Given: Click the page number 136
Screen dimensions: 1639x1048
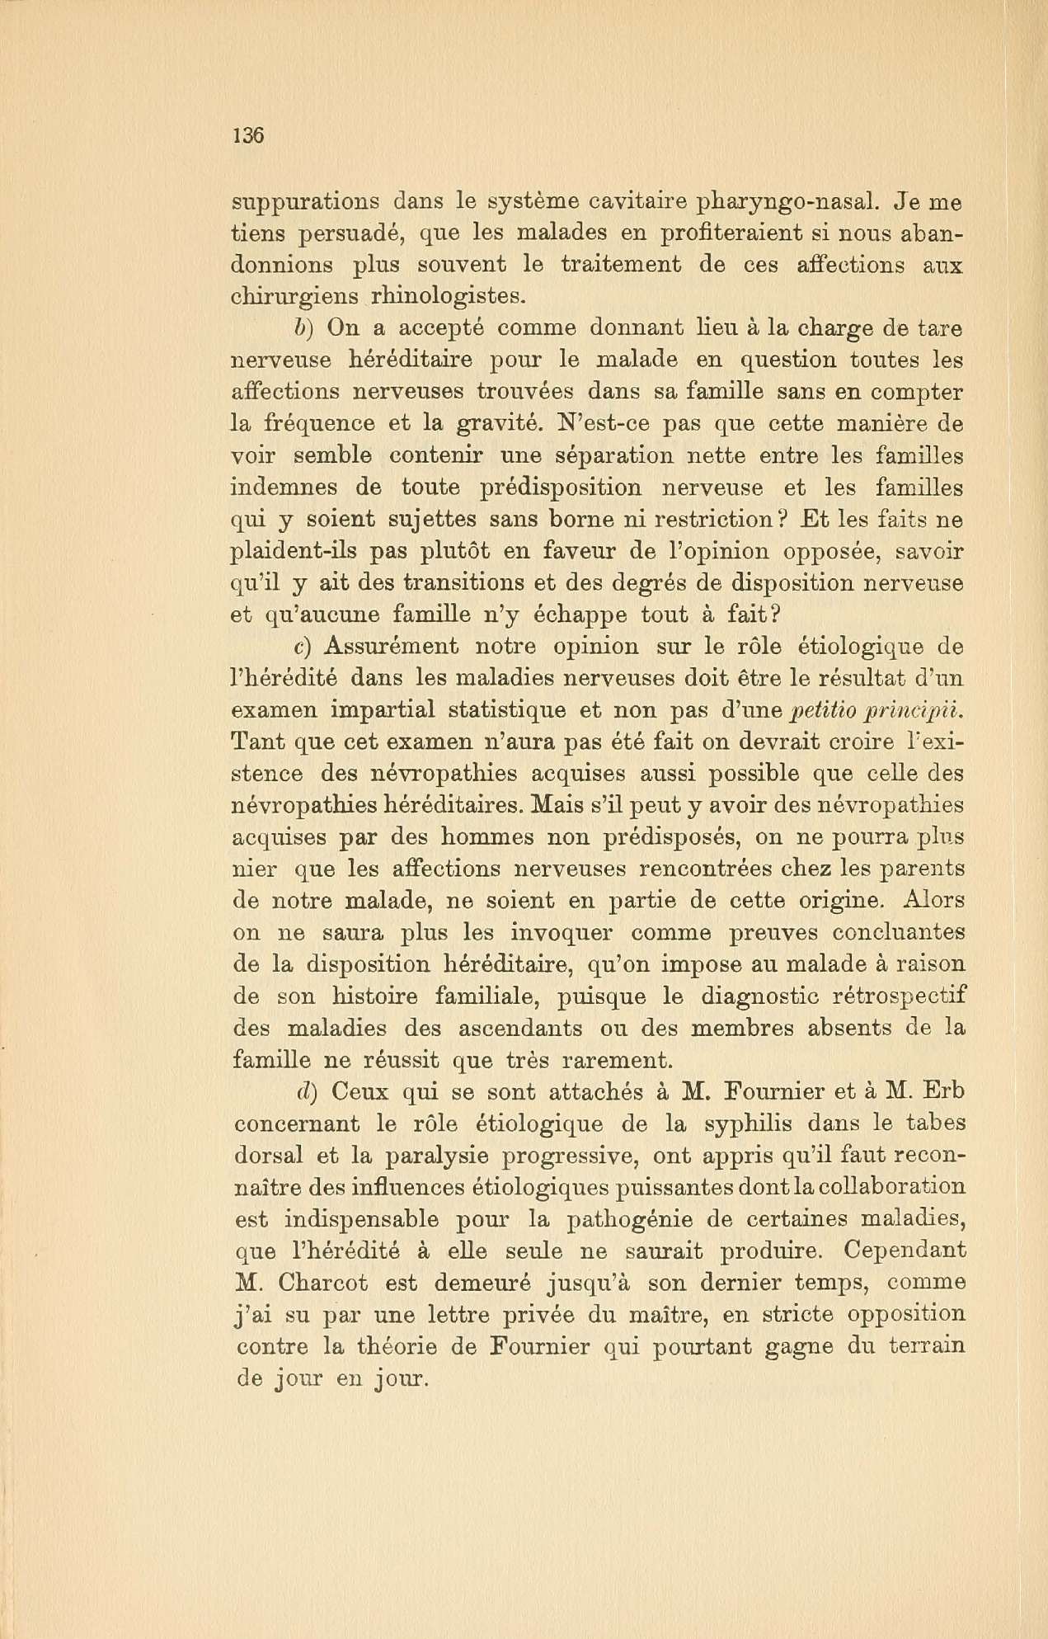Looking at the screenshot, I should [248, 136].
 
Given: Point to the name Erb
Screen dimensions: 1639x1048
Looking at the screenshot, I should [943, 1091].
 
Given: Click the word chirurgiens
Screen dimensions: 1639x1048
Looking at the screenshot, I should [295, 296].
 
